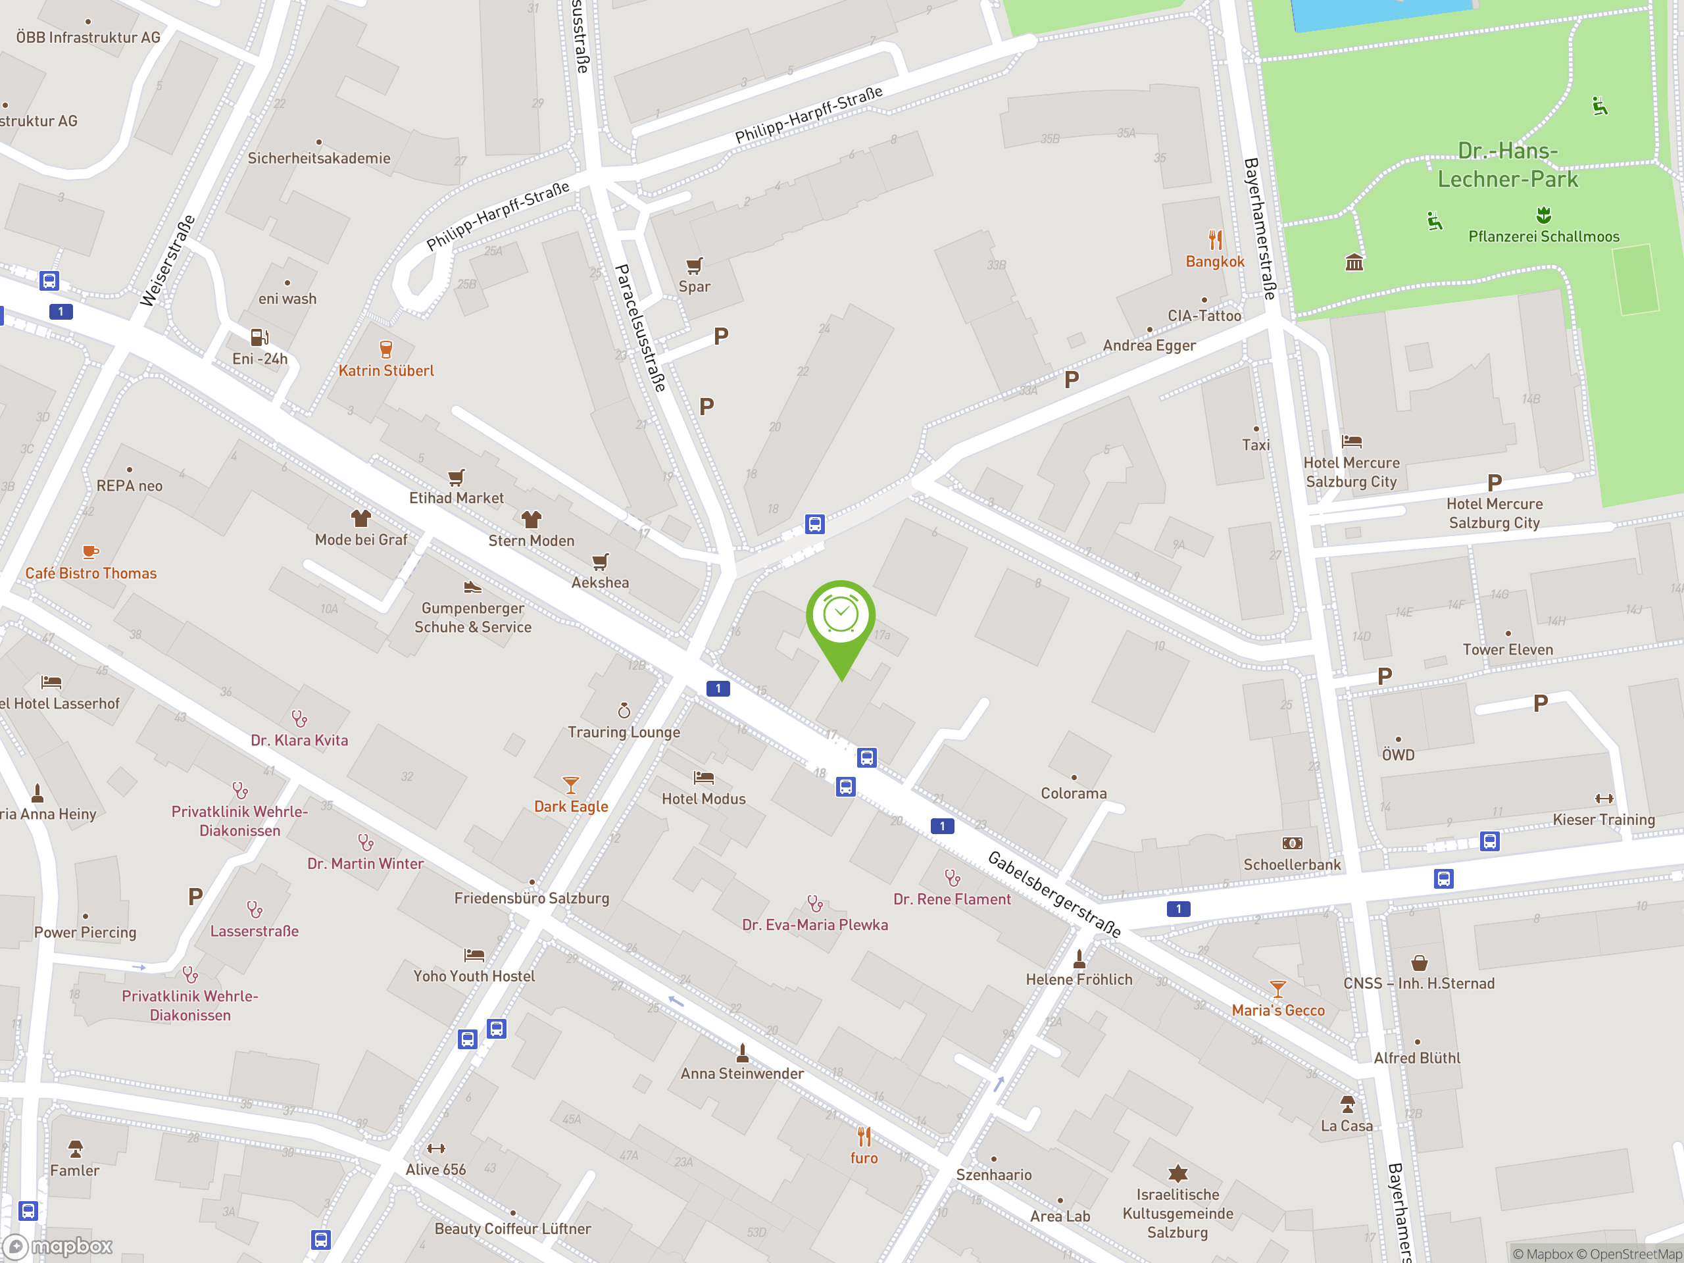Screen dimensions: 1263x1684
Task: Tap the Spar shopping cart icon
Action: pos(693,266)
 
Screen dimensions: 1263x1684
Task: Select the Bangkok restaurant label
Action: pos(1214,261)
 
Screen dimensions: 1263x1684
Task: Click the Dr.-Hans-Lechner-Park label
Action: pos(1508,164)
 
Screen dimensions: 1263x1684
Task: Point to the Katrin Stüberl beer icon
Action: pos(386,349)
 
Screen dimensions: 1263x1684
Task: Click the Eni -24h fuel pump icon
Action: pos(259,337)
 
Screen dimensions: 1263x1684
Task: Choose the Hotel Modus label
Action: pos(703,799)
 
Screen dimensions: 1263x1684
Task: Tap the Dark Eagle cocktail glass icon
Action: pos(570,785)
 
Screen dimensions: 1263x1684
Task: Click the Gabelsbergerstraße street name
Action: pos(1054,894)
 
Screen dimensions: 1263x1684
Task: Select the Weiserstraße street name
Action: pos(168,261)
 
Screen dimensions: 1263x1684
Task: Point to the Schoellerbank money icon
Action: pos(1292,843)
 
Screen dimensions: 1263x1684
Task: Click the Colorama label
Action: pos(1074,793)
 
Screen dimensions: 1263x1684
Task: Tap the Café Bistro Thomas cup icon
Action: pos(91,552)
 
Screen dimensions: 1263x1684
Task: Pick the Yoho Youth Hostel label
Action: pos(474,976)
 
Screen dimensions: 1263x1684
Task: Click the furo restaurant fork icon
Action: pos(864,1137)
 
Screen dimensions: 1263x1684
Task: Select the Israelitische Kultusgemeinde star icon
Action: pos(1177,1173)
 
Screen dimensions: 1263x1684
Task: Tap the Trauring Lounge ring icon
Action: pos(624,711)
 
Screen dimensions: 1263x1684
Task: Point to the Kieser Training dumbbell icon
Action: pos(1603,799)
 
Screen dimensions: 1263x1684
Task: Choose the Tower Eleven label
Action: pos(1508,649)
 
